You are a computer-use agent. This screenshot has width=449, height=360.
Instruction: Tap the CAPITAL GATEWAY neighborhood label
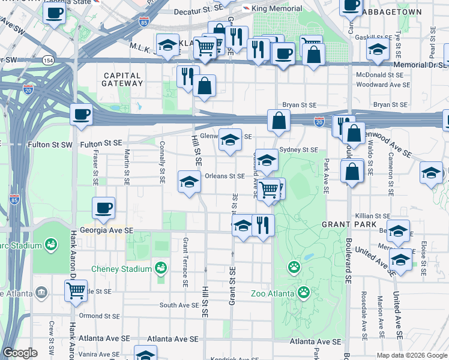(x=122, y=80)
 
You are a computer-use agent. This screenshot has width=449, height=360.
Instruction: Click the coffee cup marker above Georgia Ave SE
(x=103, y=208)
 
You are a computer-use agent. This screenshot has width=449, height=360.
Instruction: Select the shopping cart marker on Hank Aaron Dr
(x=76, y=291)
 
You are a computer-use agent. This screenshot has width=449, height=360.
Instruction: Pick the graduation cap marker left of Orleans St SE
(x=189, y=182)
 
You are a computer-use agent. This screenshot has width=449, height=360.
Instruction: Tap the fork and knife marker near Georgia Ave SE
(x=263, y=225)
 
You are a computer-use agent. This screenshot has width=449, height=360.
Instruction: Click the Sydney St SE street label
(x=298, y=149)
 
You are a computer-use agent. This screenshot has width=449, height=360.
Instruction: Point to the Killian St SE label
(x=373, y=215)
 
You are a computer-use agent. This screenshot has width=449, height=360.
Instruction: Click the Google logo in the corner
(x=20, y=353)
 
